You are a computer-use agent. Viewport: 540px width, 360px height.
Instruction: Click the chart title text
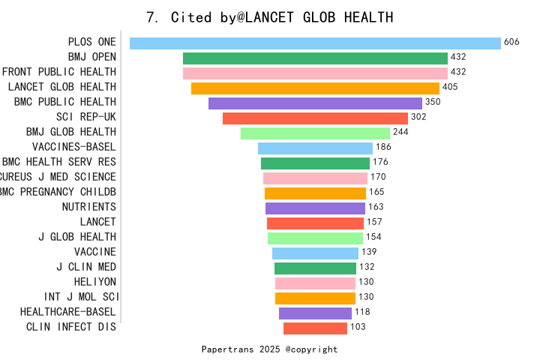pyautogui.click(x=270, y=17)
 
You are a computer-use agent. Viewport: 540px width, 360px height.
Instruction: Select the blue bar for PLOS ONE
pyautogui.click(x=315, y=43)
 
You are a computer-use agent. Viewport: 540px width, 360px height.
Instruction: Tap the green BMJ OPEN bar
pyautogui.click(x=315, y=58)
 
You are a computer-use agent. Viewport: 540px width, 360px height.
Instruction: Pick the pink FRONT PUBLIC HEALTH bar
pyautogui.click(x=315, y=73)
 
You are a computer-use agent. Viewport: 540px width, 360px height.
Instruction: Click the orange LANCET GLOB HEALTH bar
pyautogui.click(x=315, y=88)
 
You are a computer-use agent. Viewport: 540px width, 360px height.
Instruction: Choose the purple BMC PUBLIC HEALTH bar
pyautogui.click(x=315, y=103)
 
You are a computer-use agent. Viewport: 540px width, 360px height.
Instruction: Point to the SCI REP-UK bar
pyautogui.click(x=315, y=118)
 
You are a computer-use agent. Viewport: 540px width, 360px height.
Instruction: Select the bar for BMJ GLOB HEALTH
pyautogui.click(x=315, y=133)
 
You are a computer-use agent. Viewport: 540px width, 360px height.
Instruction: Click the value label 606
pyautogui.click(x=511, y=43)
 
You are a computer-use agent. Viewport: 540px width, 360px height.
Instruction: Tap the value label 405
pyautogui.click(x=450, y=88)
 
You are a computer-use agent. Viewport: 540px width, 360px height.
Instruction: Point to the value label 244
pyautogui.click(x=400, y=133)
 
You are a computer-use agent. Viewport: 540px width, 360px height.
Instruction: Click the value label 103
pyautogui.click(x=358, y=328)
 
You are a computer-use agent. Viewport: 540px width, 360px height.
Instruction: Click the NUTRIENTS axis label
pyautogui.click(x=88, y=207)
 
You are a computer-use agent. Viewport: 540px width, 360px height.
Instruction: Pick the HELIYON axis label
pyautogui.click(x=95, y=282)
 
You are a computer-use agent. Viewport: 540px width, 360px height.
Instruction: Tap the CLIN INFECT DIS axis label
pyautogui.click(x=71, y=327)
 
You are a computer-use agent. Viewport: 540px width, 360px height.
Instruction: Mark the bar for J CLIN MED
pyautogui.click(x=315, y=268)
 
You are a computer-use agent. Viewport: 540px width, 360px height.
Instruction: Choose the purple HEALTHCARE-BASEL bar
pyautogui.click(x=315, y=313)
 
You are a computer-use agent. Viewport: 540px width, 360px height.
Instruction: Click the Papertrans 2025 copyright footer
pyautogui.click(x=269, y=349)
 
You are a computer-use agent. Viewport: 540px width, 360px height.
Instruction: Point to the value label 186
pyautogui.click(x=383, y=148)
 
